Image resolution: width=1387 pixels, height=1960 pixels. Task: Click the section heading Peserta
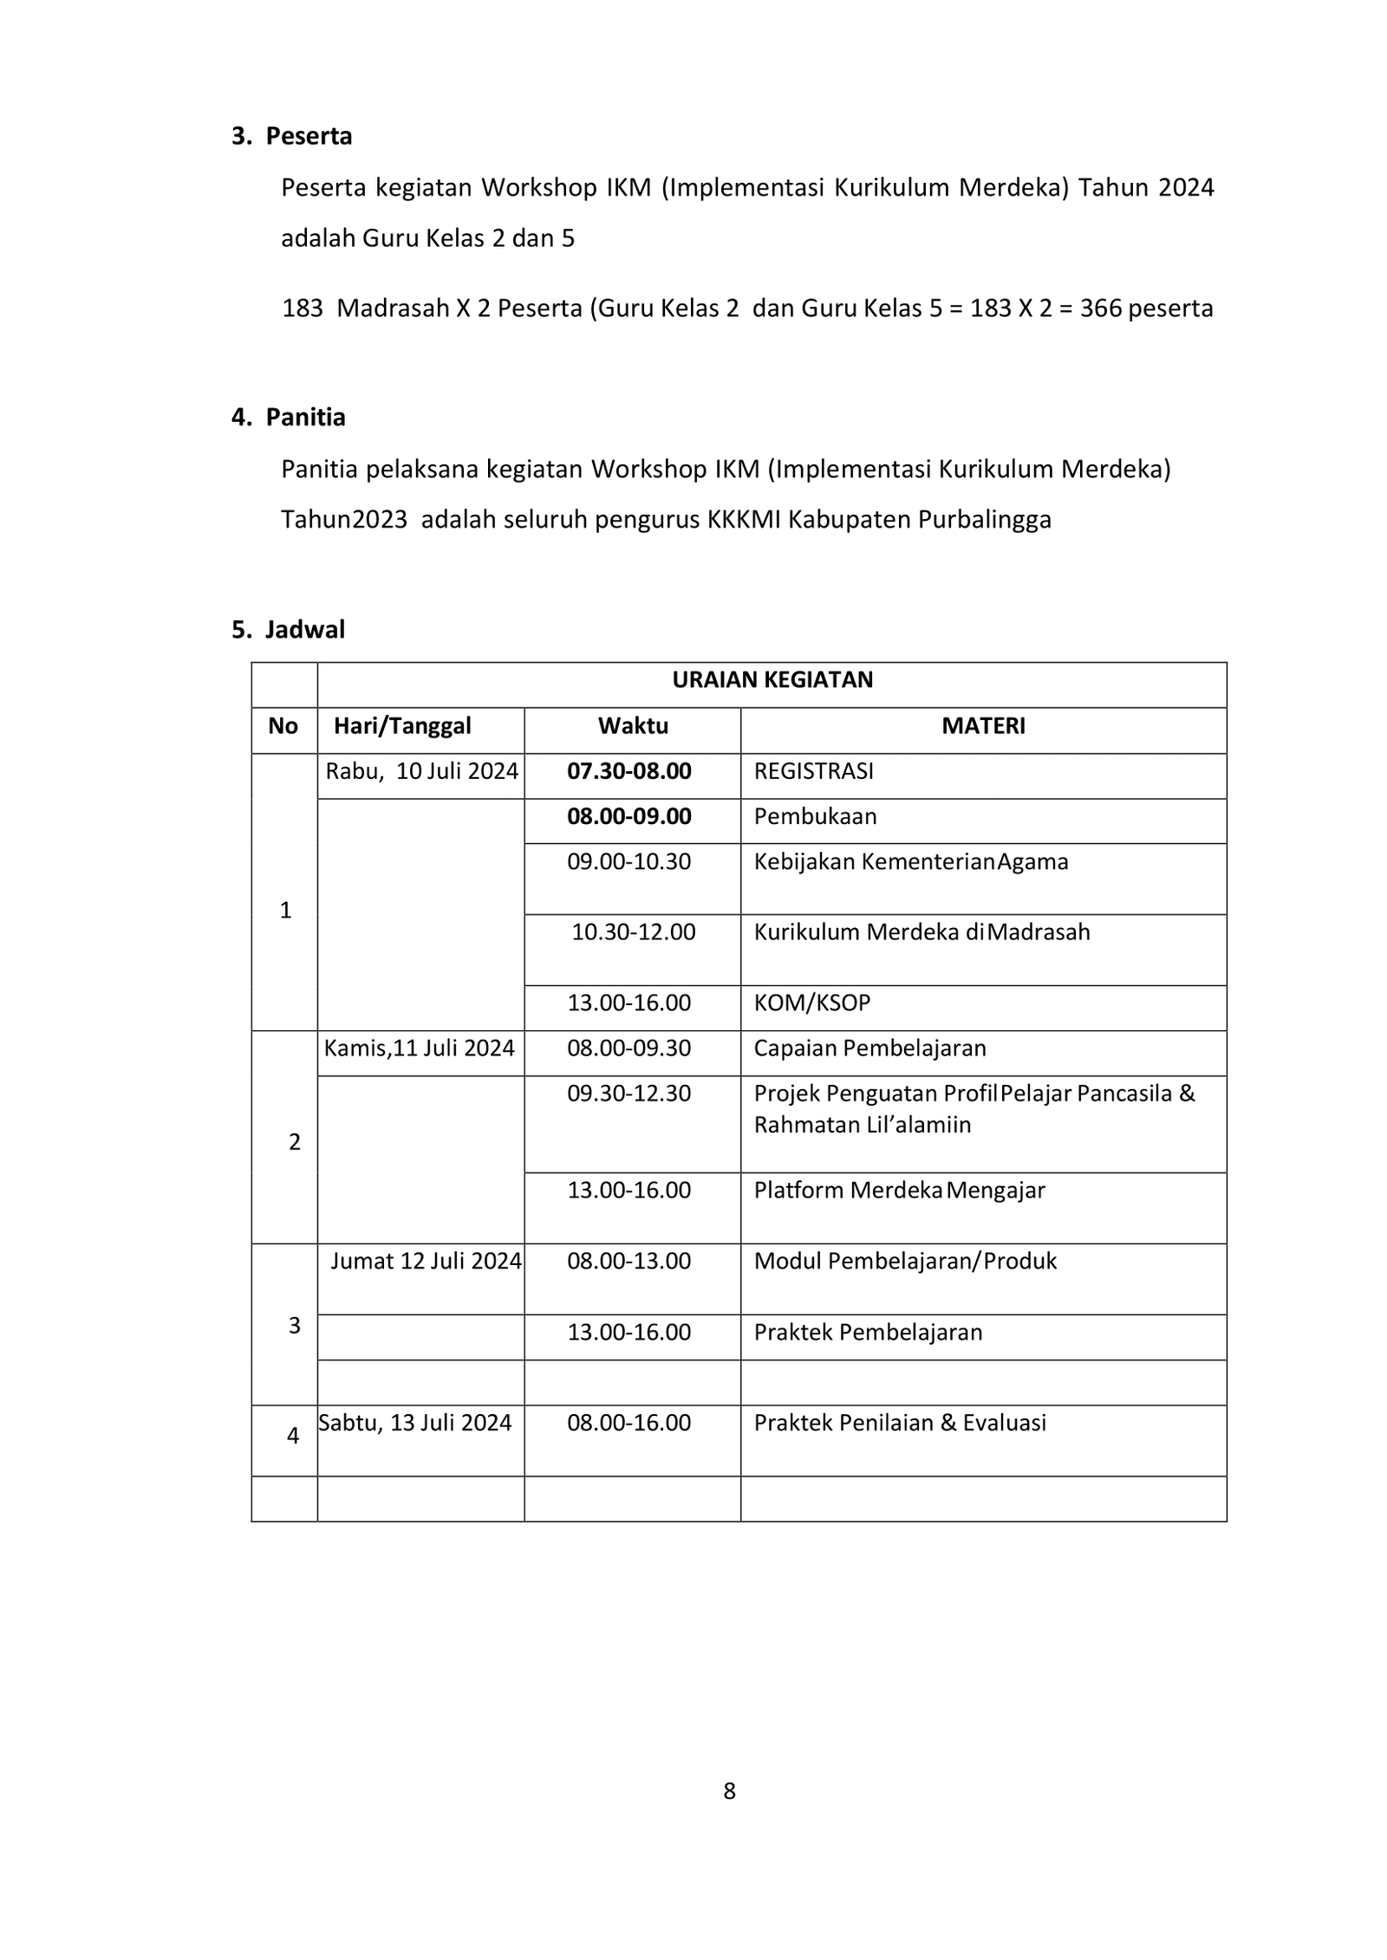308,136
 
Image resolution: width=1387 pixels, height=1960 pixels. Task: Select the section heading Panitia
305,417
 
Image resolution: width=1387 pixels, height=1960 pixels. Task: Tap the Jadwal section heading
304,629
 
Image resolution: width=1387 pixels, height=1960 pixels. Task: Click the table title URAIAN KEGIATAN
772,679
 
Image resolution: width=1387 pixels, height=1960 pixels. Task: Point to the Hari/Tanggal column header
402,725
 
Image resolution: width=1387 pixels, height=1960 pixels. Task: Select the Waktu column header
632,725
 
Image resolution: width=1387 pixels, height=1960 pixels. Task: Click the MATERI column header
982,725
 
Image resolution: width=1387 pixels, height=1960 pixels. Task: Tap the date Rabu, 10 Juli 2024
421,770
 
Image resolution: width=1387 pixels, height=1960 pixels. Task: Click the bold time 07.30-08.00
628,770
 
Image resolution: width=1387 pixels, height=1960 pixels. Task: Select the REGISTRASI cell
813,770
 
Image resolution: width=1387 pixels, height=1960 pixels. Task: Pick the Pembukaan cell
814,816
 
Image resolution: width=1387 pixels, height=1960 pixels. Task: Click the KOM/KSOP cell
811,1003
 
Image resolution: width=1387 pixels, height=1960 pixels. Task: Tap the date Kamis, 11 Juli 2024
419,1048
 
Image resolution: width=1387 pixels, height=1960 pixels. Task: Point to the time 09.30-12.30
628,1094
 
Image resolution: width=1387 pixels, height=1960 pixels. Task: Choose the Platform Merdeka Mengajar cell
898,1190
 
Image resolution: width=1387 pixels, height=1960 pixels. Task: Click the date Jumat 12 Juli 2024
425,1261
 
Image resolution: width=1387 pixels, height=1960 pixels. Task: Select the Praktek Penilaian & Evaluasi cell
899,1423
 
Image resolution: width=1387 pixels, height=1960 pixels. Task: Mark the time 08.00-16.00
628,1423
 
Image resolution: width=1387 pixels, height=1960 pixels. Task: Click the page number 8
729,1790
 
